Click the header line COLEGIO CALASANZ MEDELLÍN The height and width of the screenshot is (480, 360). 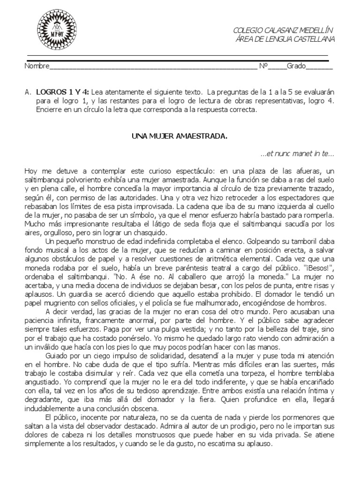[283, 31]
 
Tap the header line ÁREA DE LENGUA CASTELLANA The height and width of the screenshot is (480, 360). [285, 39]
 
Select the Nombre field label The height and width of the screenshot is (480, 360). [36, 66]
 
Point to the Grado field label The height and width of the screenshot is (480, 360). [296, 66]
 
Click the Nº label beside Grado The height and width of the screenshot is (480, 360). [263, 66]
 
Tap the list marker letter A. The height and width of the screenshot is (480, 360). [28, 92]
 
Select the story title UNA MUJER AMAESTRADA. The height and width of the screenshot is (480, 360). [178, 136]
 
